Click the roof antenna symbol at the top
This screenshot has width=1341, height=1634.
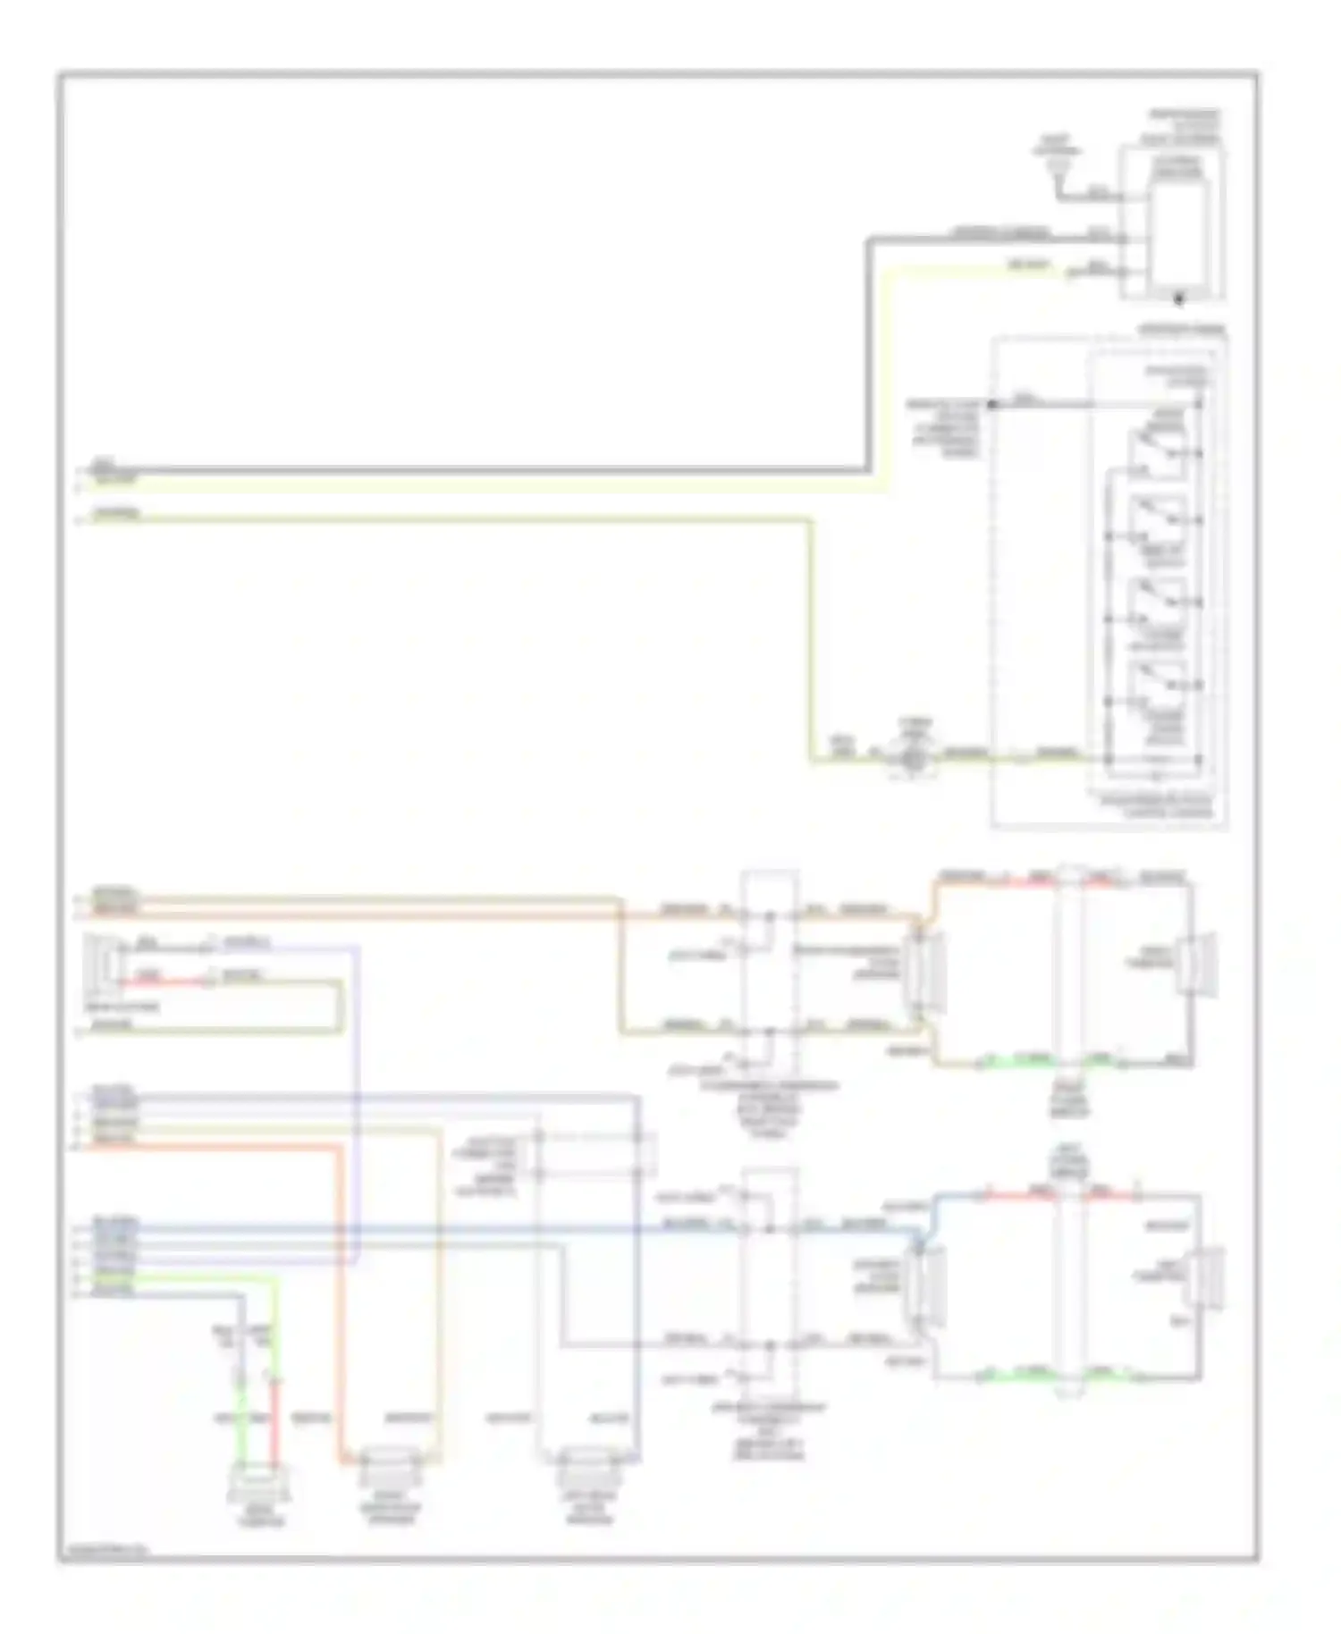click(1058, 162)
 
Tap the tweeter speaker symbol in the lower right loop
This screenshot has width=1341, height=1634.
click(1207, 1280)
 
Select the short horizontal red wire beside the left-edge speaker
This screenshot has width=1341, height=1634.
click(165, 981)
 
